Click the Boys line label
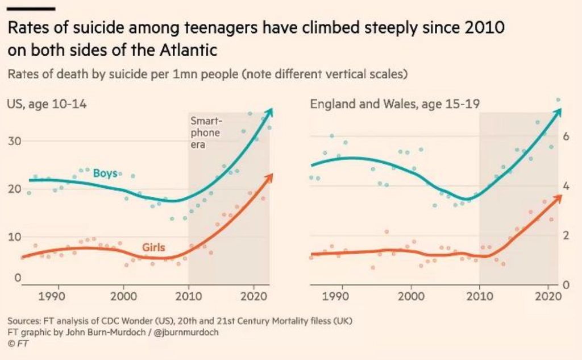click(x=105, y=173)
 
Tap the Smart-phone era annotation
click(x=205, y=133)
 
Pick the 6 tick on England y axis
click(x=565, y=136)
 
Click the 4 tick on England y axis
click(x=565, y=186)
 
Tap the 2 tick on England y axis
click(x=565, y=235)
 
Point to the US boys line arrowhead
click(x=270, y=111)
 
